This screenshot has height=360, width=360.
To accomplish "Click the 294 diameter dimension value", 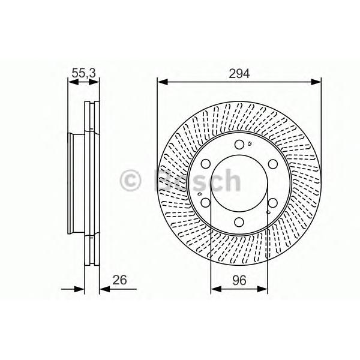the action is (x=239, y=74).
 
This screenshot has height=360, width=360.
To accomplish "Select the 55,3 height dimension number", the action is (x=83, y=73).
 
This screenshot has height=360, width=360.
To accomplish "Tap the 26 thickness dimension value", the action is (x=119, y=280).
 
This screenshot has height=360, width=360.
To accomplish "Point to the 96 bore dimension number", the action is (x=239, y=280).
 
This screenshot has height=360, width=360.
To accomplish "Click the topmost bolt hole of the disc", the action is (x=239, y=145).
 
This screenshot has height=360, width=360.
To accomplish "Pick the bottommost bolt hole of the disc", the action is (x=239, y=222).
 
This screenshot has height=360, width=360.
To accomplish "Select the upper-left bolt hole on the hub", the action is (x=206, y=164).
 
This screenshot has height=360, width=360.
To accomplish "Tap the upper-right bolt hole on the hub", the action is (x=273, y=164).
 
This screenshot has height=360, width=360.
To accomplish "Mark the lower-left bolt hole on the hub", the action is (x=206, y=203).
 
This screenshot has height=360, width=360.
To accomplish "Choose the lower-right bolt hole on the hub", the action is (x=273, y=203).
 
